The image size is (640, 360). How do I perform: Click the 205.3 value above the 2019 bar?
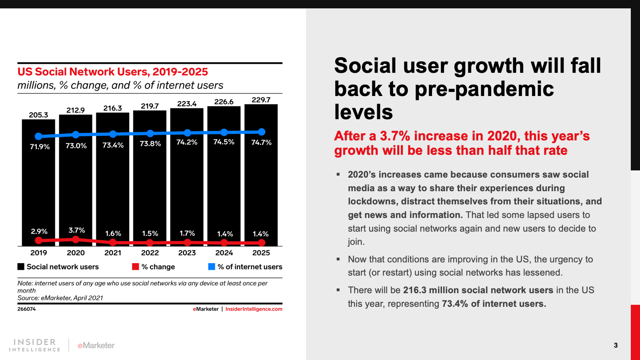[x=38, y=115]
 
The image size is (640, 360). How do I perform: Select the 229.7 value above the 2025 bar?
[x=261, y=100]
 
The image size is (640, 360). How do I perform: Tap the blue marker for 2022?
[x=150, y=133]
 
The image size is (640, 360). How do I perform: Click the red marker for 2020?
[x=76, y=239]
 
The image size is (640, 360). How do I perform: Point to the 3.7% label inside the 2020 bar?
[x=76, y=230]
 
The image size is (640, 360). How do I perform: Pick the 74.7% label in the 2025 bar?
[x=261, y=142]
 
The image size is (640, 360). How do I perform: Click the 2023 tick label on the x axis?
[x=187, y=253]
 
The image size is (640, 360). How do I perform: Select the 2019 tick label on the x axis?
[x=38, y=253]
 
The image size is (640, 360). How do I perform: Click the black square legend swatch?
[x=21, y=267]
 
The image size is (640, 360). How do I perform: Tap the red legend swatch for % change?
[x=136, y=267]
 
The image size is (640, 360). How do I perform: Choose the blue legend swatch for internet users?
[x=212, y=267]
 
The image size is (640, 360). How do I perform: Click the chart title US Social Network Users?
[x=112, y=72]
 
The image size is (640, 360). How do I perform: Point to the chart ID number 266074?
[x=26, y=309]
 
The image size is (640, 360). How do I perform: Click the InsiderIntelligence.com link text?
[x=254, y=309]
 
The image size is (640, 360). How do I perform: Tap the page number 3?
[x=616, y=345]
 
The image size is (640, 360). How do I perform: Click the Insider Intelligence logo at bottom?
[x=34, y=345]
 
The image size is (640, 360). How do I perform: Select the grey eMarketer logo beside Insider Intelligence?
[x=96, y=345]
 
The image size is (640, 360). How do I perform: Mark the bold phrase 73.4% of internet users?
[x=494, y=304]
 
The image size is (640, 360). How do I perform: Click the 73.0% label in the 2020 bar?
[x=76, y=146]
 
